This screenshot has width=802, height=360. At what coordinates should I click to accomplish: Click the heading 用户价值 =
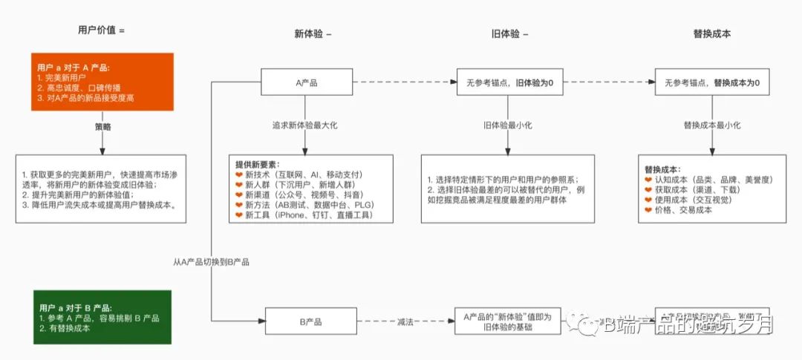[x=102, y=30]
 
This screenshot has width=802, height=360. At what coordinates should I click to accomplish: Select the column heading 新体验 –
[x=313, y=34]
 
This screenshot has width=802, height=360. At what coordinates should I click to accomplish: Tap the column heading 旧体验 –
[x=509, y=34]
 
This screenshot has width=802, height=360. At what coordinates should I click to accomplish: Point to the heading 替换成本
[x=711, y=34]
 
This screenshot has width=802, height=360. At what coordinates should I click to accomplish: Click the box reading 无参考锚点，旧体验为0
[x=509, y=82]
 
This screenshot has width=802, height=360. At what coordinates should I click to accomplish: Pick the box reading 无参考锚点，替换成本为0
[x=711, y=82]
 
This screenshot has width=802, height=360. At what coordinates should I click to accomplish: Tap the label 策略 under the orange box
[x=102, y=127]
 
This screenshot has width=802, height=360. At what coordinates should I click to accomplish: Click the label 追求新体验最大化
[x=306, y=126]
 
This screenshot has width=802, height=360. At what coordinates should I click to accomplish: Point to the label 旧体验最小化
[x=509, y=126]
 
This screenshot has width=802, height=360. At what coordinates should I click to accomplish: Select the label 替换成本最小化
[x=711, y=126]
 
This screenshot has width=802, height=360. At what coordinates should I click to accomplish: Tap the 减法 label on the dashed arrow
[x=405, y=322]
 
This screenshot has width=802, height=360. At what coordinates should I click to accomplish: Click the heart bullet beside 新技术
[x=239, y=174]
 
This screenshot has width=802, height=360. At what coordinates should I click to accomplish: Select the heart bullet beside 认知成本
[x=648, y=180]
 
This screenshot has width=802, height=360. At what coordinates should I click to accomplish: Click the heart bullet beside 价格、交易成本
[x=648, y=210]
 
